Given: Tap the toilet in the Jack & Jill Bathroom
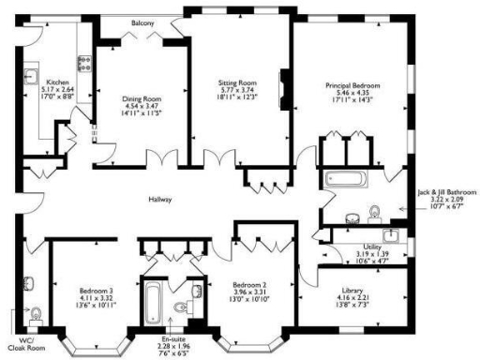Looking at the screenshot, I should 373,211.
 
